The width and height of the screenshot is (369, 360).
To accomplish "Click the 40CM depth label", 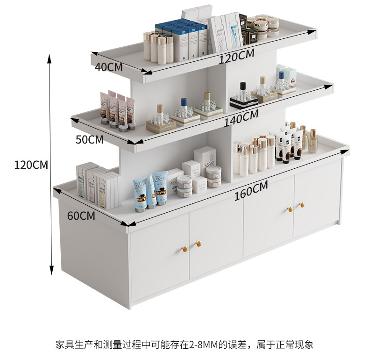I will (x=108, y=67).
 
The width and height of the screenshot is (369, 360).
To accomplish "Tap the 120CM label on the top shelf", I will (x=237, y=56).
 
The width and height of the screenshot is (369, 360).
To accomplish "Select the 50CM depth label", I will (x=89, y=139).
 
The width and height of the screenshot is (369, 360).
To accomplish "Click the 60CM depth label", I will (x=81, y=216).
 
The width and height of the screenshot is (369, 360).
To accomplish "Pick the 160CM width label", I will (x=251, y=191).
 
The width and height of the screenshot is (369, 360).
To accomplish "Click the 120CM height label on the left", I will (x=31, y=165).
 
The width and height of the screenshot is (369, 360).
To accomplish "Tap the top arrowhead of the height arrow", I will (x=50, y=57).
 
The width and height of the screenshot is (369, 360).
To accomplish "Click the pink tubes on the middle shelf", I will (x=117, y=110).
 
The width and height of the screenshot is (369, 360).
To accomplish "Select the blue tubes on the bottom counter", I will (x=151, y=191).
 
